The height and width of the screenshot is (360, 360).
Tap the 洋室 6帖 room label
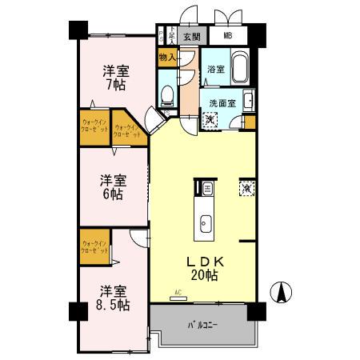[x=112, y=186]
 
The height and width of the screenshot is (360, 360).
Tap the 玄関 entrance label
[x=190, y=36]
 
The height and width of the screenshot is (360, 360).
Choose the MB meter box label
[x=228, y=36]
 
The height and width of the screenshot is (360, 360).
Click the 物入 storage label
[x=167, y=57]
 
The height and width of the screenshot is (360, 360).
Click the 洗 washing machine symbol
[x=209, y=119]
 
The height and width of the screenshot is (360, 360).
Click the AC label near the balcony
[x=177, y=294]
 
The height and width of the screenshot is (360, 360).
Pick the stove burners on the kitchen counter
[x=206, y=189]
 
